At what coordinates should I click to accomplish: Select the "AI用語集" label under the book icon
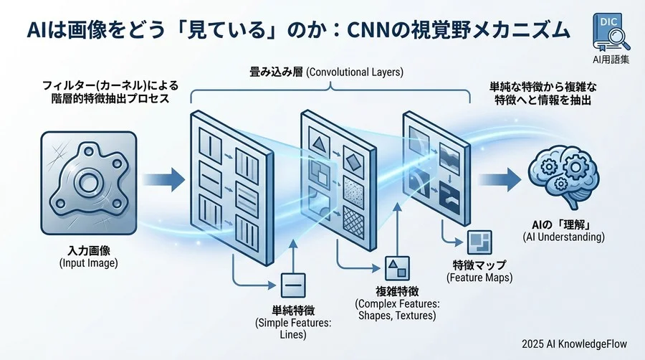point(606,60)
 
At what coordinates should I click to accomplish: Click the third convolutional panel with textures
point(435,169)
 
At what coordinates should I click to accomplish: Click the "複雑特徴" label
point(398,292)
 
